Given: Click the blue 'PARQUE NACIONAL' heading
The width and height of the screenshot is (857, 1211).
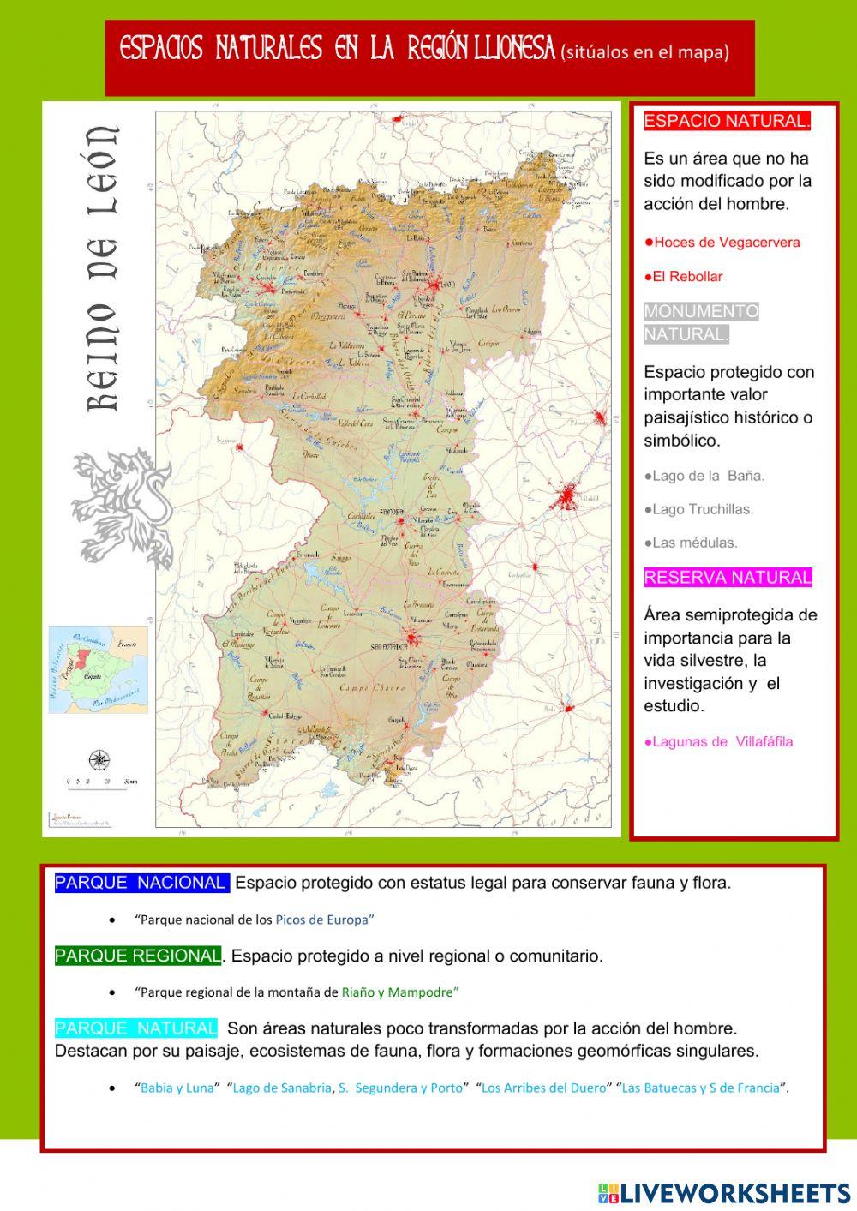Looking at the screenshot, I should [141, 883].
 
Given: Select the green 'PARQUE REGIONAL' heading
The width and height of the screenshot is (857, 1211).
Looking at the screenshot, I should [138, 956].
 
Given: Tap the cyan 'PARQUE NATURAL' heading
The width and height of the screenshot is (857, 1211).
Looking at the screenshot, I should [136, 1028].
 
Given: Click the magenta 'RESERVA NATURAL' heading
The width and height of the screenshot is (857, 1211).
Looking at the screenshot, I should [728, 578].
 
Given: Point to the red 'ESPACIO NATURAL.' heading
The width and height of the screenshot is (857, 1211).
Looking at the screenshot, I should [727, 121].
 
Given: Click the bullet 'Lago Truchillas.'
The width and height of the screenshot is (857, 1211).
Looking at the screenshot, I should [699, 509].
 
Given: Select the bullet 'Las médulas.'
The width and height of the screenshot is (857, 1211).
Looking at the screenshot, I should [692, 543].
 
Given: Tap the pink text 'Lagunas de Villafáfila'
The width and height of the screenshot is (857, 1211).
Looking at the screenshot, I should [719, 742].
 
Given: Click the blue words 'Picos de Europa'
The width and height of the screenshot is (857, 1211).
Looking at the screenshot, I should [322, 920].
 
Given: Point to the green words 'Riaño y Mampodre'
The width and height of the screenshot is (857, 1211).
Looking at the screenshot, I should [398, 992].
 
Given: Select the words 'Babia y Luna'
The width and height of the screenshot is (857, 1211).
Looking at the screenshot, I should [177, 1088].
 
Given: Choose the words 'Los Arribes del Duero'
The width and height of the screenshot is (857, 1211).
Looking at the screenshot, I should [543, 1088].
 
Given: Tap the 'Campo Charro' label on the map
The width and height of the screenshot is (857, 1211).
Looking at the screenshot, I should [367, 688].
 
